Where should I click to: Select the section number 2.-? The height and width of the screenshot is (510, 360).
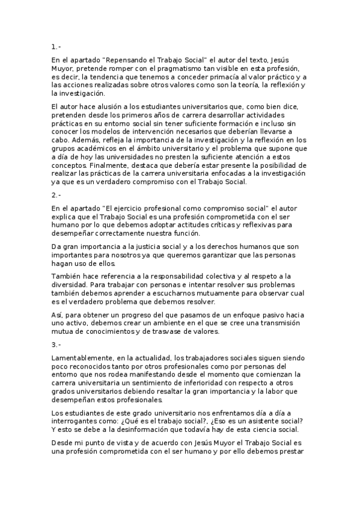[x=56, y=195]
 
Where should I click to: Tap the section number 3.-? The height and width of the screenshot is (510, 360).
[x=56, y=344]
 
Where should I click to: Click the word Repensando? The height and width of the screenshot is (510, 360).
[x=127, y=61]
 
